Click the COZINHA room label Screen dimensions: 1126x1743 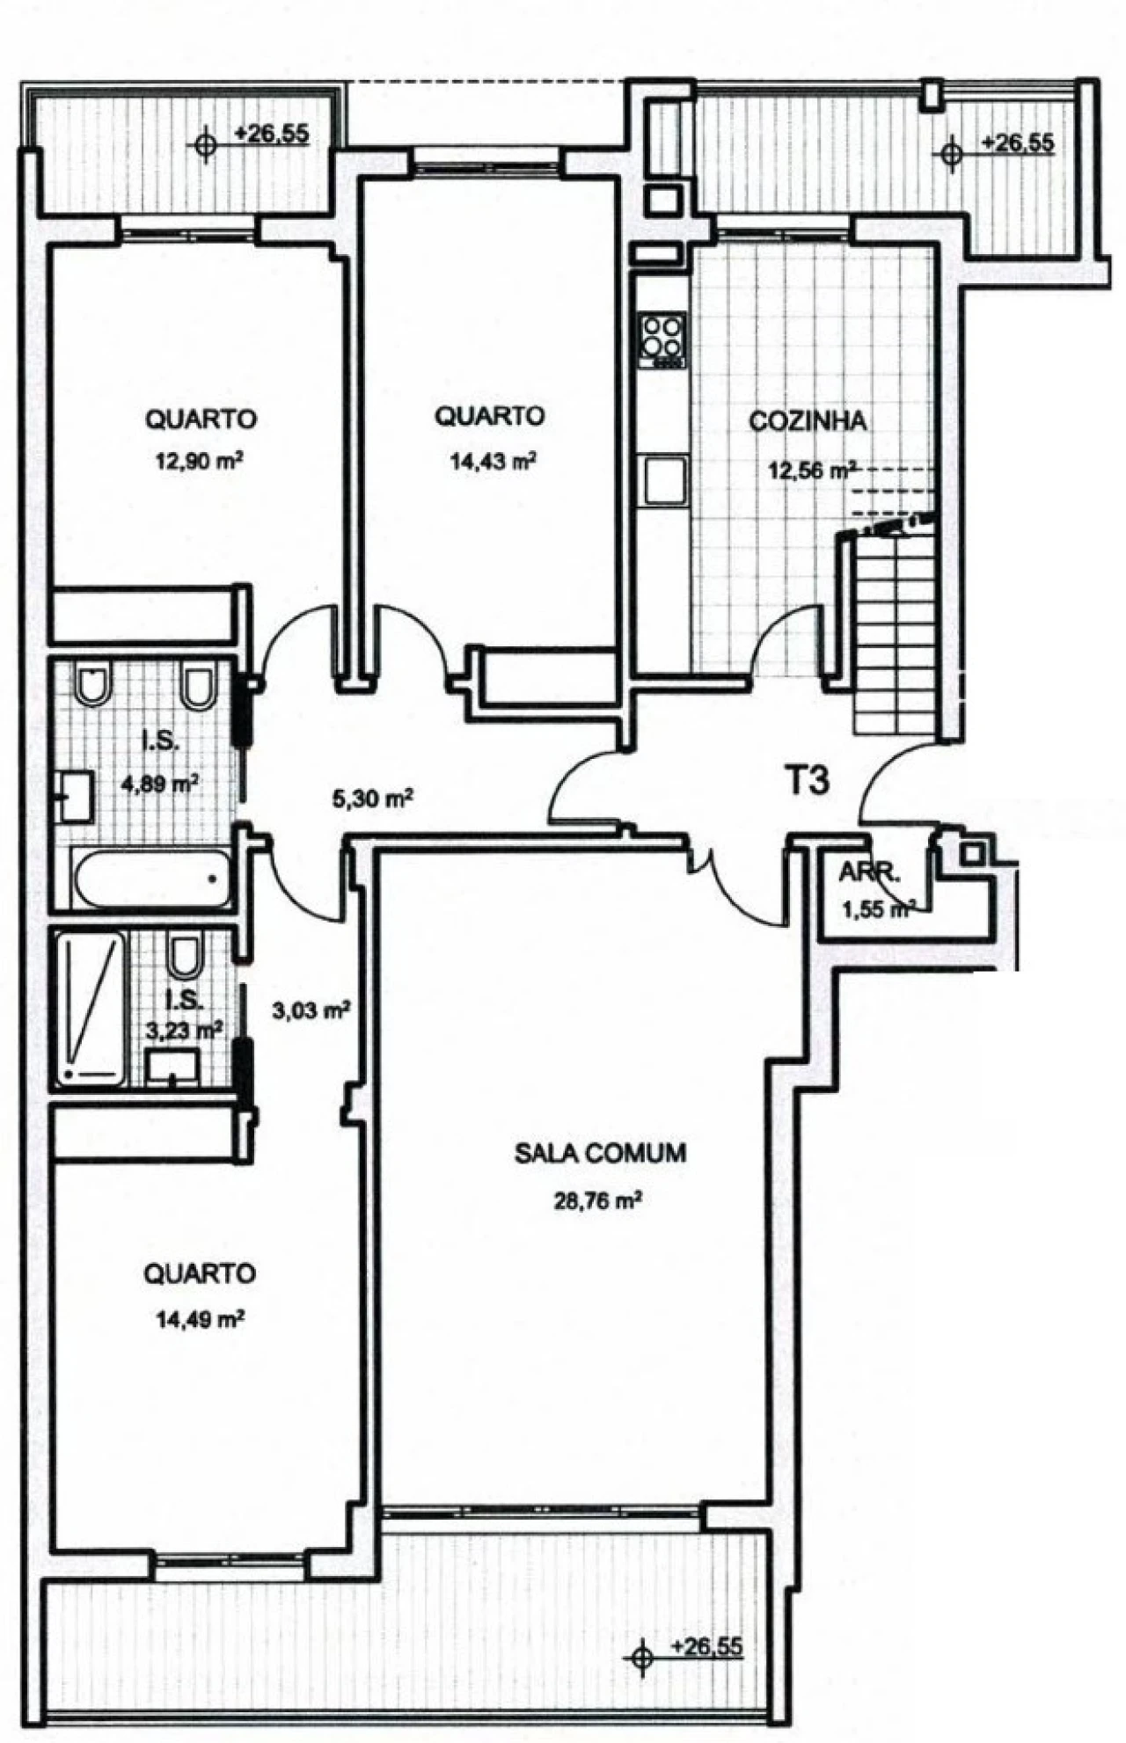click(x=807, y=421)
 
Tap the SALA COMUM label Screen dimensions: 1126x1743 click(x=600, y=1153)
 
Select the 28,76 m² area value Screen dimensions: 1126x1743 click(x=596, y=1200)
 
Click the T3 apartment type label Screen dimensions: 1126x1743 click(x=806, y=780)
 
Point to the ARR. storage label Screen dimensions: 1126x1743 click(x=868, y=873)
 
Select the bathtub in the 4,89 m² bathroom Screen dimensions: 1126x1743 click(x=150, y=879)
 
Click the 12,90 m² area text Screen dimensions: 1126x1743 click(x=199, y=462)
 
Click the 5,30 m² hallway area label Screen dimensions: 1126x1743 click(x=370, y=799)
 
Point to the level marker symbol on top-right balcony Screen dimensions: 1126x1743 click(x=950, y=153)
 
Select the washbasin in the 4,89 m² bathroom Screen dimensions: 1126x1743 click(x=76, y=797)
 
